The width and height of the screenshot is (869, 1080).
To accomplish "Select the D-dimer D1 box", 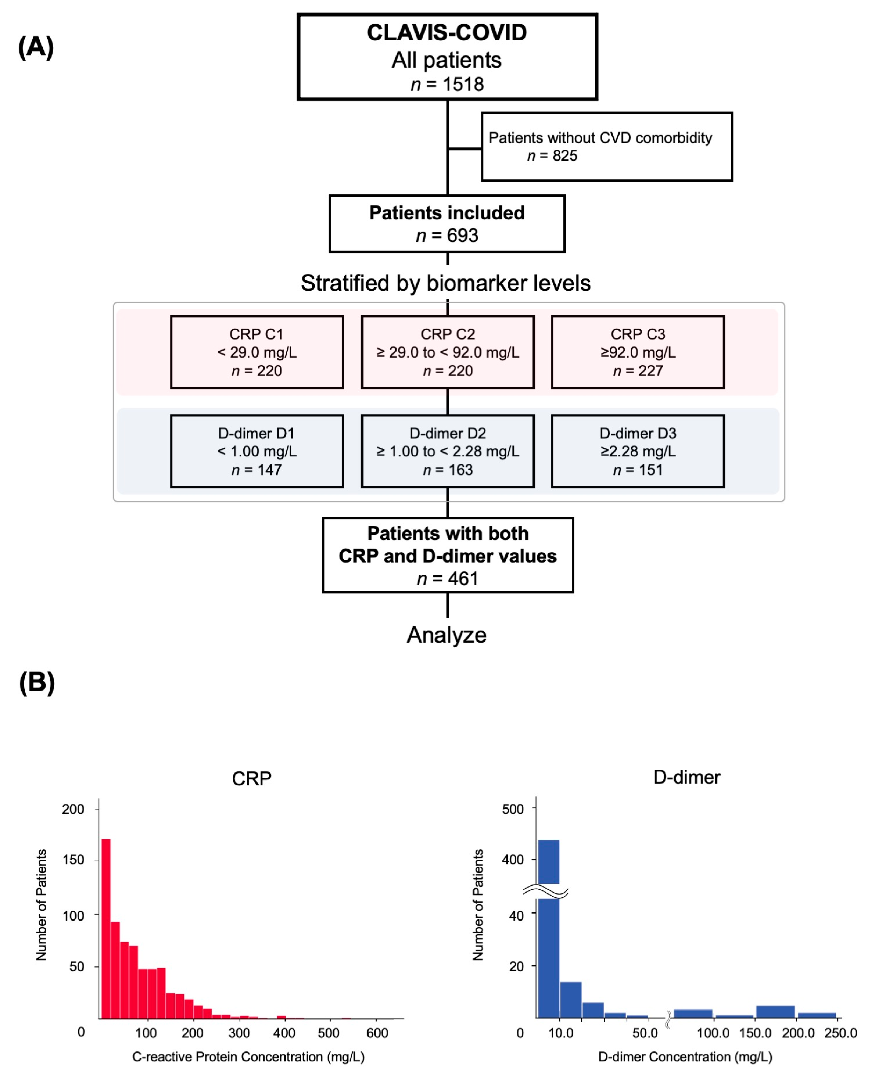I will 257,451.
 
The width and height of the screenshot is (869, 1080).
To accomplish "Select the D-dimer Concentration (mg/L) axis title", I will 685,1057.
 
